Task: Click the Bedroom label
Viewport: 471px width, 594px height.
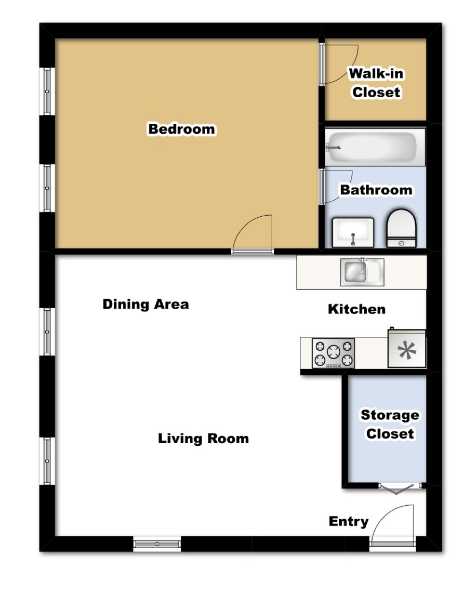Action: [181, 129]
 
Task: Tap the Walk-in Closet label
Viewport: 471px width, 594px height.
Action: [376, 82]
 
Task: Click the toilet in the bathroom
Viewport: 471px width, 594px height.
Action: [401, 228]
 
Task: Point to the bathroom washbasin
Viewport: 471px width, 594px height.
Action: [353, 232]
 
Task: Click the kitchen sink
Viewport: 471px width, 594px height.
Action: [362, 271]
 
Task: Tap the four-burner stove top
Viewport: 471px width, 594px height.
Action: [333, 353]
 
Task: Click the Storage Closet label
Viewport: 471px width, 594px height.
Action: [390, 424]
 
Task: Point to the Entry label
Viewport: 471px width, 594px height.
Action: [349, 521]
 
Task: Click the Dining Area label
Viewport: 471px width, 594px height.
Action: [146, 304]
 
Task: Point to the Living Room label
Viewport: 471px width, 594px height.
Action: [204, 439]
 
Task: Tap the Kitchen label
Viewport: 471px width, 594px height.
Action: [357, 309]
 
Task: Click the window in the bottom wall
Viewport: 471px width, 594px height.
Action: [157, 544]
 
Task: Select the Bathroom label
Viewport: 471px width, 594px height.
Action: [376, 190]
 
